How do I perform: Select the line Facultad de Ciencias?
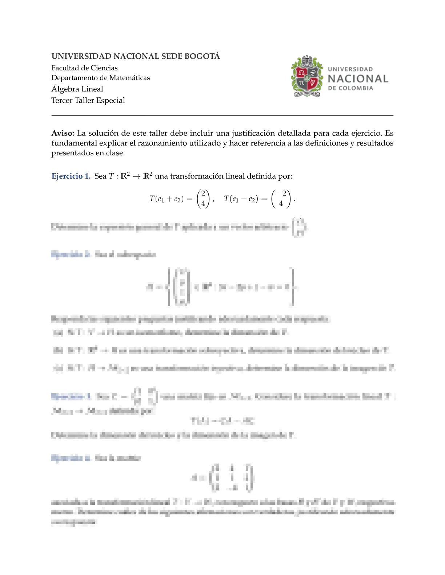[84, 68]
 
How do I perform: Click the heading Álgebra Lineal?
[77, 89]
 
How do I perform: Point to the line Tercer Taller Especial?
[88, 101]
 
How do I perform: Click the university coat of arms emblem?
[307, 77]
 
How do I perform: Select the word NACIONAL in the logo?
[358, 79]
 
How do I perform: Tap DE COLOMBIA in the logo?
[350, 88]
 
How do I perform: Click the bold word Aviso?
[63, 133]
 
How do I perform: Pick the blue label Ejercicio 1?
[71, 176]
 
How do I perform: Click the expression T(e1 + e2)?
[167, 199]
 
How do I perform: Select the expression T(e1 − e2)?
[241, 199]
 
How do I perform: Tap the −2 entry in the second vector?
[281, 193]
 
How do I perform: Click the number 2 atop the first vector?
[203, 193]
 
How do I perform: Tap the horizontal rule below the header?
[222, 116]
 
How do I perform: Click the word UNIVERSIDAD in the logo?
[350, 69]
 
